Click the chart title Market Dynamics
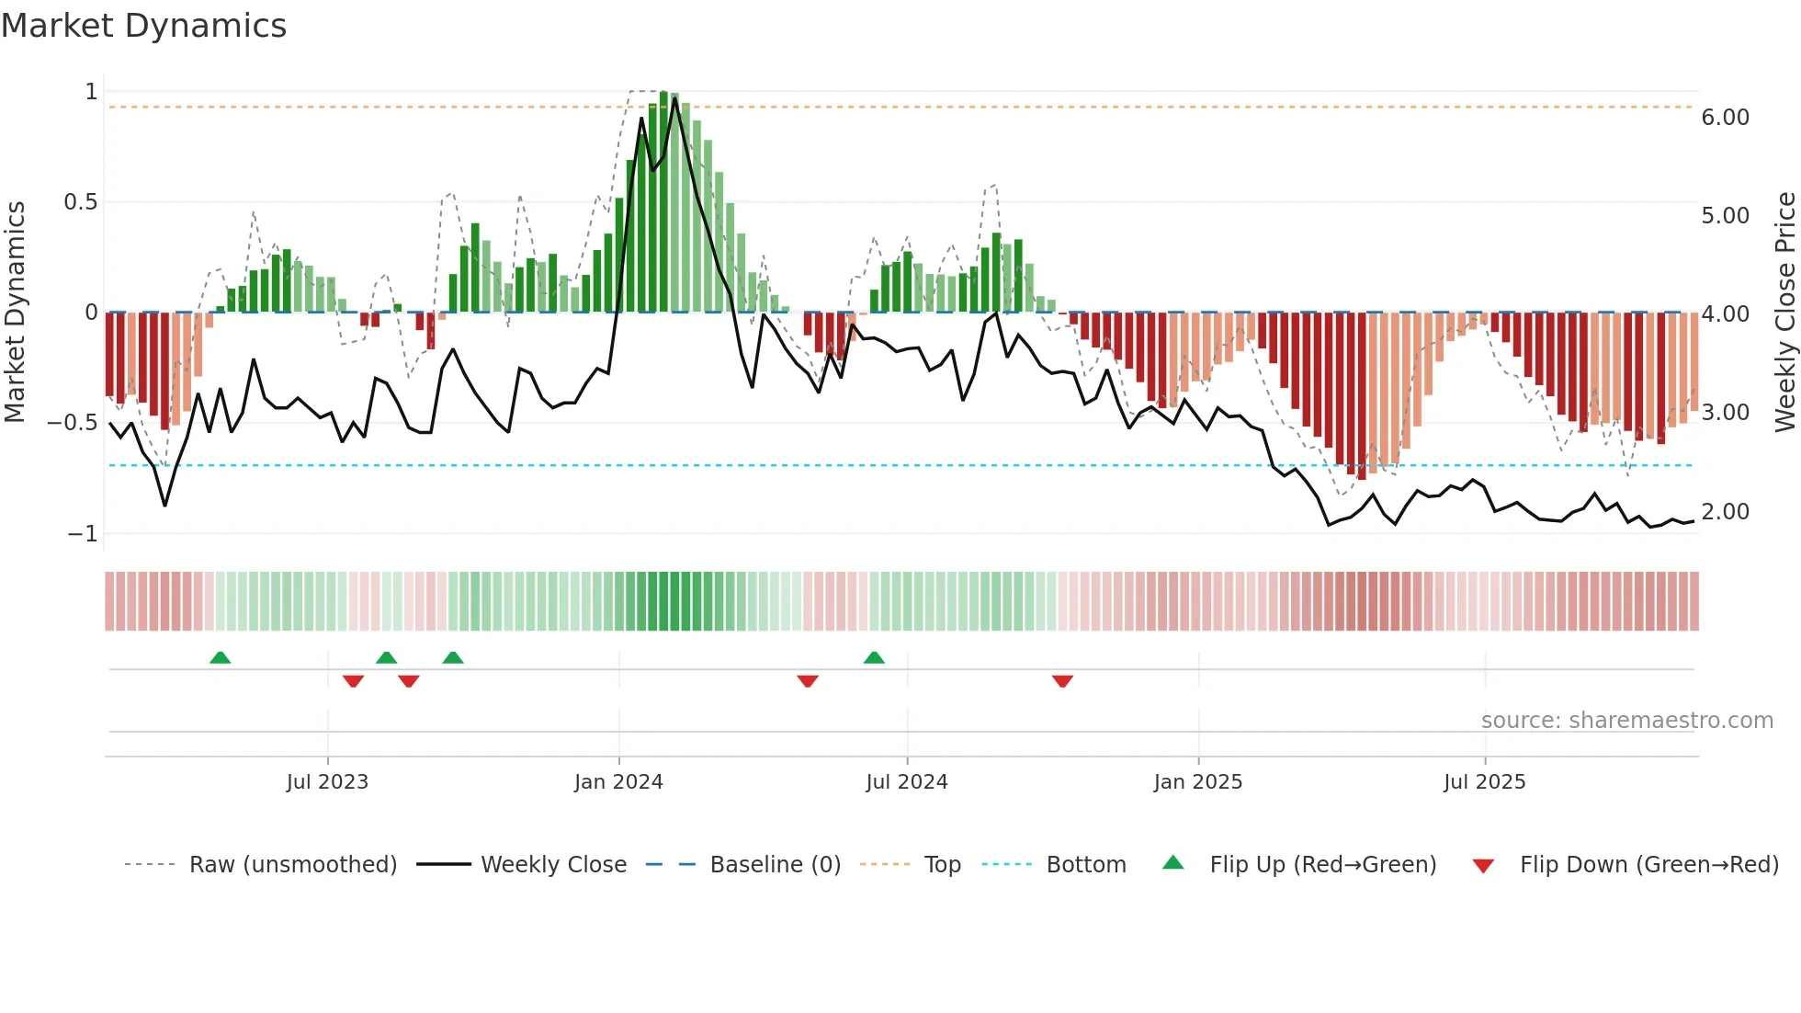tap(143, 26)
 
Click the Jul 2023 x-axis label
tap(327, 782)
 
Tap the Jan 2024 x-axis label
tap(618, 782)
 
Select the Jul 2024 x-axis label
tap(907, 782)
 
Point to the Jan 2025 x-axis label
tap(1198, 782)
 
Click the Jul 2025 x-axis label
tap(1485, 782)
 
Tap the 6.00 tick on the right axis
tap(1726, 118)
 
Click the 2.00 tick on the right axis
tap(1726, 512)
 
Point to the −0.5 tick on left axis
tap(73, 423)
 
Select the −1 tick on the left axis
tap(83, 534)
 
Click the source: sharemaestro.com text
tap(1627, 721)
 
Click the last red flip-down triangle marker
tap(1062, 681)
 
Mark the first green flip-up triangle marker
tap(220, 657)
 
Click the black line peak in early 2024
tap(675, 98)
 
